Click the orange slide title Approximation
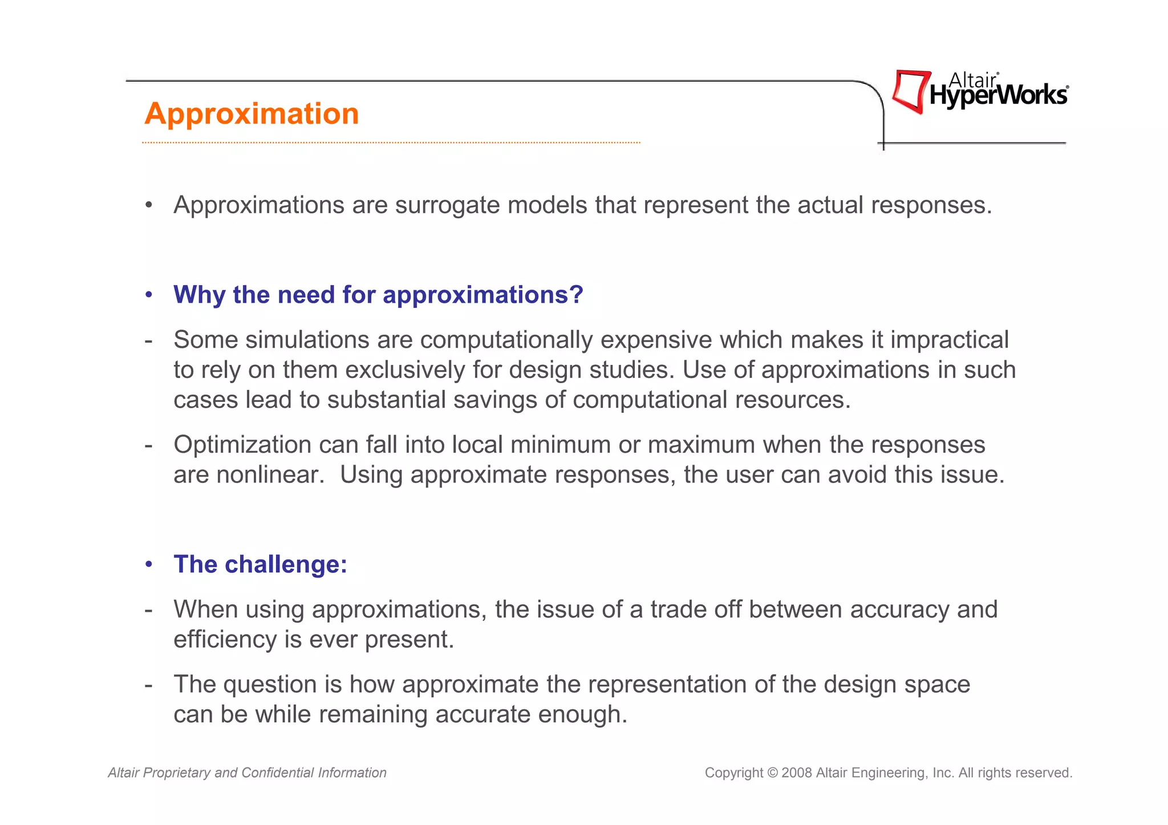tap(252, 113)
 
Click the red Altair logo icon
tap(911, 91)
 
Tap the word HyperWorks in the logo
tap(998, 96)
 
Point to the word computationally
tap(506, 340)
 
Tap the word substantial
tap(386, 400)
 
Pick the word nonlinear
tap(270, 475)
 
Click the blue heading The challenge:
tap(260, 564)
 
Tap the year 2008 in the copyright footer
tap(796, 773)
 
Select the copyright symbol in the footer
tap(772, 773)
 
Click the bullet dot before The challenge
tap(149, 564)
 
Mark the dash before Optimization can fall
tap(149, 445)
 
